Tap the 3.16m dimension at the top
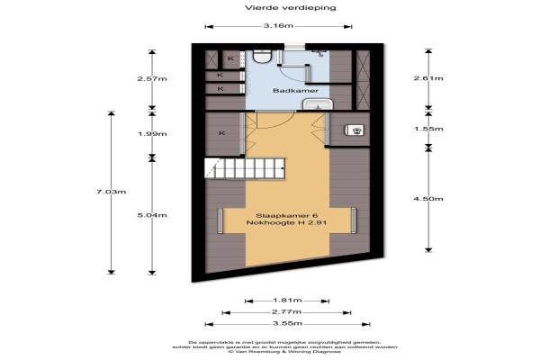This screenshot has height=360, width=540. [279, 27]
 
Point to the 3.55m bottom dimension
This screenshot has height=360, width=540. [287, 322]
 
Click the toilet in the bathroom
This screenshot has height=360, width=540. [262, 58]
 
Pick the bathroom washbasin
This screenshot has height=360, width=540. [316, 106]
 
